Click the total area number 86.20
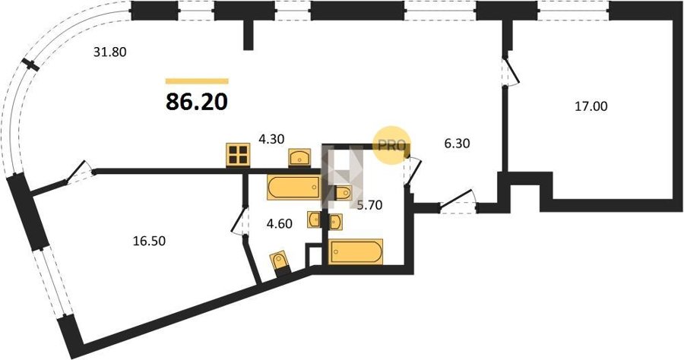197,102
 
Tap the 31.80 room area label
110,52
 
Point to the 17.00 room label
591,106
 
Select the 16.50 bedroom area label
149,241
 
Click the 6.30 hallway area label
457,143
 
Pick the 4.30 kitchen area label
271,140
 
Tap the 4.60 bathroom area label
280,224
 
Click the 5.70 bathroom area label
370,204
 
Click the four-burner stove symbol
238,155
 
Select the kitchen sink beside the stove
299,157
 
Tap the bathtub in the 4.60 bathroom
293,188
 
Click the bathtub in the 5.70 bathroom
356,251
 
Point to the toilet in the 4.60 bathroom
280,262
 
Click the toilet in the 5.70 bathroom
343,192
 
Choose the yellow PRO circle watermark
391,145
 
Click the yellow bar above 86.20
197,81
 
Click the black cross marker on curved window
31,65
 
